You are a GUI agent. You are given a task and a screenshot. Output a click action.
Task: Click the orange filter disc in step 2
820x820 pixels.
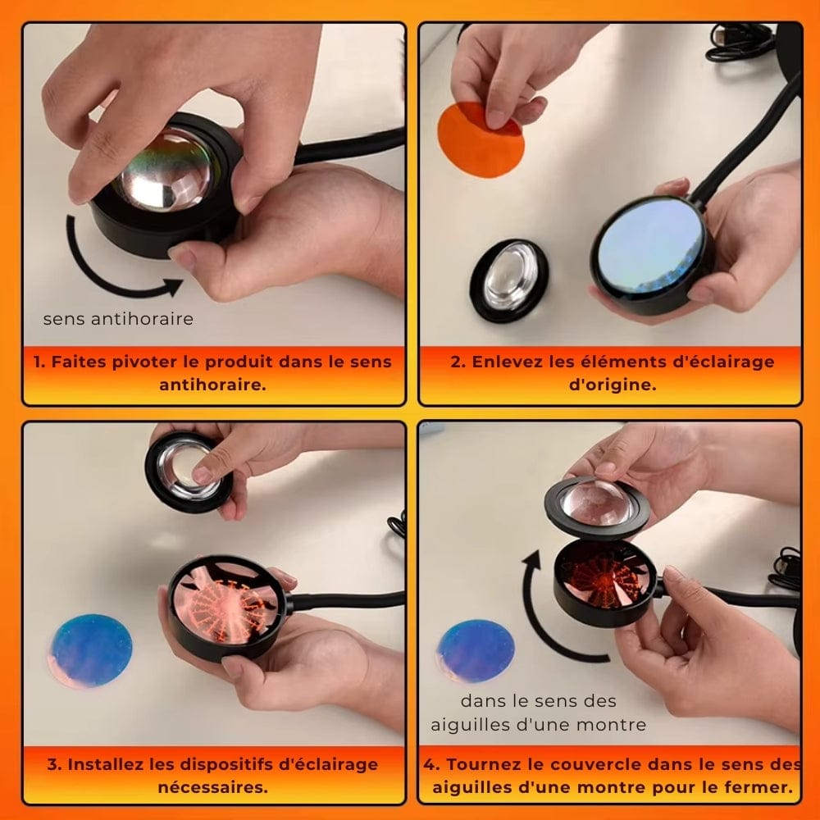click(x=480, y=140)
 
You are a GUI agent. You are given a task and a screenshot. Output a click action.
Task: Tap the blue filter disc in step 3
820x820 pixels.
click(x=90, y=650)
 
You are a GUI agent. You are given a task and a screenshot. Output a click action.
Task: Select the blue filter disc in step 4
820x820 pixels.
click(x=475, y=650)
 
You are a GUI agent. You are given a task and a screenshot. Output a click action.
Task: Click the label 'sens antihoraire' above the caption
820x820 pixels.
click(x=118, y=319)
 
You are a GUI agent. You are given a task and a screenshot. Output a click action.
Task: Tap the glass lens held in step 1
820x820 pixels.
click(x=163, y=171)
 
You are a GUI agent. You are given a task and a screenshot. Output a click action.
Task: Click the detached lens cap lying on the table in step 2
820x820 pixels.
click(x=509, y=280)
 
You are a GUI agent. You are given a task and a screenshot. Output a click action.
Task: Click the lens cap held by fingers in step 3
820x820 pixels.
click(x=189, y=471)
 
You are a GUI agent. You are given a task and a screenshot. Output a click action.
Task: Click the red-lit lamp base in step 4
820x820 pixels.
click(x=604, y=582)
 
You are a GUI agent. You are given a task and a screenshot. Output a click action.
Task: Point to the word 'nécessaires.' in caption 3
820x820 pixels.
click(x=213, y=787)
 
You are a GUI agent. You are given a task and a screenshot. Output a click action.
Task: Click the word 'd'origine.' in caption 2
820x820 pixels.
click(x=613, y=385)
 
